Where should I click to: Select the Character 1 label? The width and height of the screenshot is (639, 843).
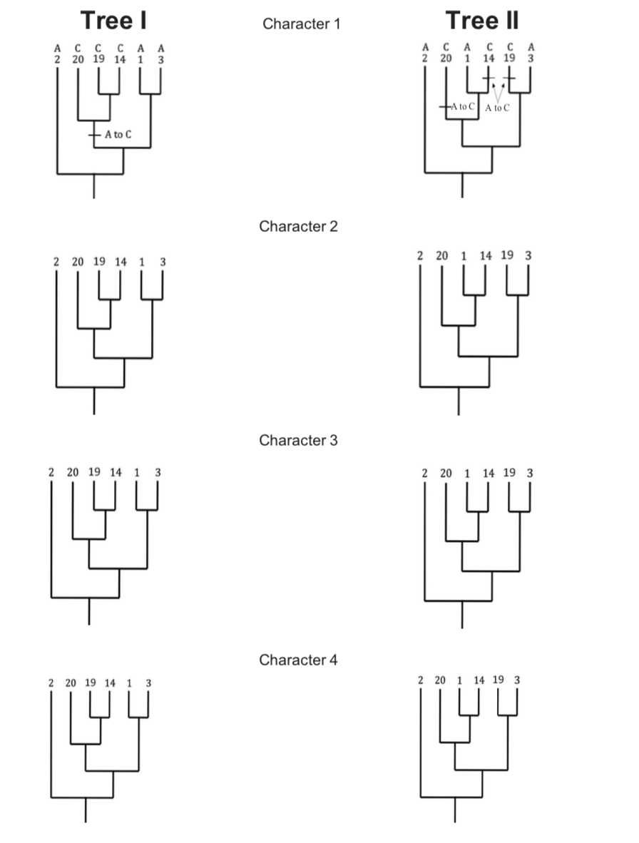pyautogui.click(x=302, y=24)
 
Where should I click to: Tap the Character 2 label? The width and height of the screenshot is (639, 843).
pyautogui.click(x=298, y=227)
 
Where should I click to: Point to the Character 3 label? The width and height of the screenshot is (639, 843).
pyautogui.click(x=298, y=440)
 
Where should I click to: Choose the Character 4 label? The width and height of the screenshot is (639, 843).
pyautogui.click(x=298, y=660)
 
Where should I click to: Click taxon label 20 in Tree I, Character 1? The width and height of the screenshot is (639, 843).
pyautogui.click(x=77, y=60)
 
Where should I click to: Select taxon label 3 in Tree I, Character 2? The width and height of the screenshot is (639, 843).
pyautogui.click(x=163, y=262)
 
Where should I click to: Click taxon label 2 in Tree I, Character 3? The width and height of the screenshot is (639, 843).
pyautogui.click(x=51, y=472)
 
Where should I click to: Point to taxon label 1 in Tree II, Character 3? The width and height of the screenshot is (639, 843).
pyautogui.click(x=467, y=473)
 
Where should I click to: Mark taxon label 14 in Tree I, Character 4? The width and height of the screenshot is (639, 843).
pyautogui.click(x=110, y=683)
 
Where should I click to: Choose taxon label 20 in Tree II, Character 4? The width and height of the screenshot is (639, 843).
pyautogui.click(x=440, y=680)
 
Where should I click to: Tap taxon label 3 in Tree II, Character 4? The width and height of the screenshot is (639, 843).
pyautogui.click(x=517, y=680)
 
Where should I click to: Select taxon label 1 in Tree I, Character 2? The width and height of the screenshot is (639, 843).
pyautogui.click(x=141, y=262)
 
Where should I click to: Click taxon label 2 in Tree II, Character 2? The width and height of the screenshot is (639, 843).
pyautogui.click(x=420, y=255)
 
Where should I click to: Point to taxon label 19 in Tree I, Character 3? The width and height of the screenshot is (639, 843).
pyautogui.click(x=94, y=472)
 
